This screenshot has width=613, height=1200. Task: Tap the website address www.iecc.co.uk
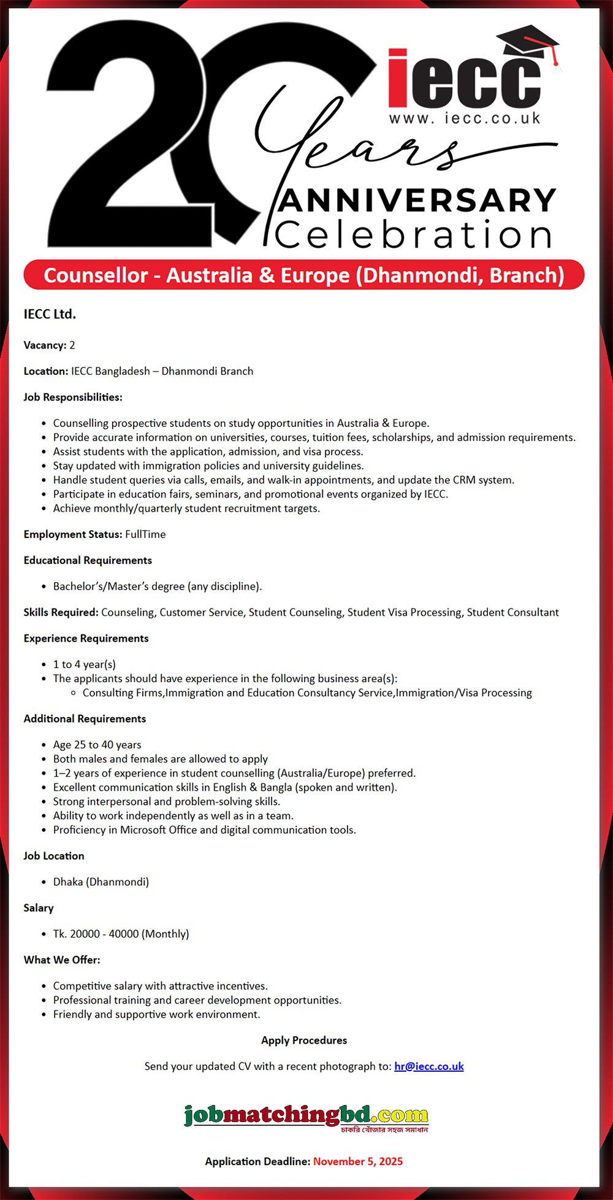[465, 118]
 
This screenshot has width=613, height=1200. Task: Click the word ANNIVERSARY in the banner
[417, 201]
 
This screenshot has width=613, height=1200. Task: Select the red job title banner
[304, 275]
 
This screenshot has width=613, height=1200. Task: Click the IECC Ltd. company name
[50, 314]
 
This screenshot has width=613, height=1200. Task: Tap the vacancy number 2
[72, 345]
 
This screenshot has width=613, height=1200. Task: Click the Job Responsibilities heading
[73, 397]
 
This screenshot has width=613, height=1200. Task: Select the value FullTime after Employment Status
[145, 534]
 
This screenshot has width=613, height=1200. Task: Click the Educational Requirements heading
[88, 560]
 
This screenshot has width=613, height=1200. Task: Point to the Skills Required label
[61, 612]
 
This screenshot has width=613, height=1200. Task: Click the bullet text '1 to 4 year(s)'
[85, 664]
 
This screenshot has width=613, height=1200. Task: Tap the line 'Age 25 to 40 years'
[97, 745]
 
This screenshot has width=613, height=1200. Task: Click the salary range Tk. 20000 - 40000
[121, 934]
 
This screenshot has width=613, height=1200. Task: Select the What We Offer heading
[62, 960]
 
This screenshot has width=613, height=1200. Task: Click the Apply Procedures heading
[304, 1040]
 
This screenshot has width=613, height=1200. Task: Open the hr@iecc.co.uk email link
[429, 1066]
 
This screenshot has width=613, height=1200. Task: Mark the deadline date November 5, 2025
[358, 1161]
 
